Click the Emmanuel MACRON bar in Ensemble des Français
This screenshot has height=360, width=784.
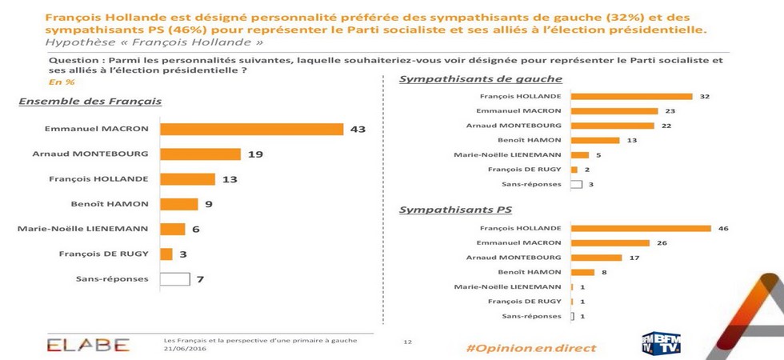point(251,130)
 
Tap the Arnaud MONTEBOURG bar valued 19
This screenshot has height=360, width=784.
point(200,154)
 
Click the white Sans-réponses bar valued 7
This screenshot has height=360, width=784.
point(175,279)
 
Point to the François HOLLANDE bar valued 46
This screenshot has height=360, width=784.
point(641,228)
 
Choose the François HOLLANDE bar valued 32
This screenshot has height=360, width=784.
point(621,97)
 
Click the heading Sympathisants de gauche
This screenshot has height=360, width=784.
point(480,78)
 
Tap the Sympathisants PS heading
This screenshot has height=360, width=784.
point(455,210)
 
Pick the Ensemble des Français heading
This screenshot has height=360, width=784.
point(90,101)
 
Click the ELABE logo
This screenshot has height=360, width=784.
point(88,345)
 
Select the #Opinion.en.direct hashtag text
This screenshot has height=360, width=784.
point(531,348)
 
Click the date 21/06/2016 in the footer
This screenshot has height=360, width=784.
point(185,350)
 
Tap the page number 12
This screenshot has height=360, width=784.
point(407,342)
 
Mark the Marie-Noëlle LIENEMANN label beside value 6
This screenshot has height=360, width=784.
point(82,229)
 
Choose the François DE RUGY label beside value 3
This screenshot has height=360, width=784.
point(103,254)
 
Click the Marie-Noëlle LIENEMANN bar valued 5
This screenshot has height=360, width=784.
point(580,154)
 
